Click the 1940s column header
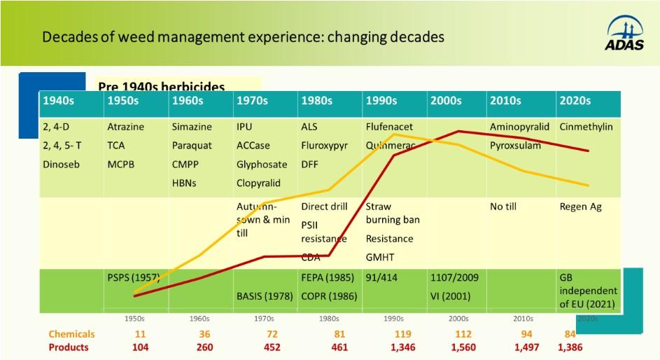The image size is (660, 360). point(59,101)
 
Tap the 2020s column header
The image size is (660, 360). point(575,101)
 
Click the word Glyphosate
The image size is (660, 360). point(262,165)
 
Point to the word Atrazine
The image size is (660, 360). point(125,127)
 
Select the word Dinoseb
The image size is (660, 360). point(64,165)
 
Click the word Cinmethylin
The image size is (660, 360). point(586,127)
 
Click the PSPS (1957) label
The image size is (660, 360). point(133,277)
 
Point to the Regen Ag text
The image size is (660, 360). point(580,207)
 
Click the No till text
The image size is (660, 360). point(506,207)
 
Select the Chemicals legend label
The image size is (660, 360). point(71,334)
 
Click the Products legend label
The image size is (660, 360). point(69,347)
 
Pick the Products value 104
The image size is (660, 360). point(139,347)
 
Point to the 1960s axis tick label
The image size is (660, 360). point(199,319)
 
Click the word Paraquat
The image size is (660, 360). point(192,146)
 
